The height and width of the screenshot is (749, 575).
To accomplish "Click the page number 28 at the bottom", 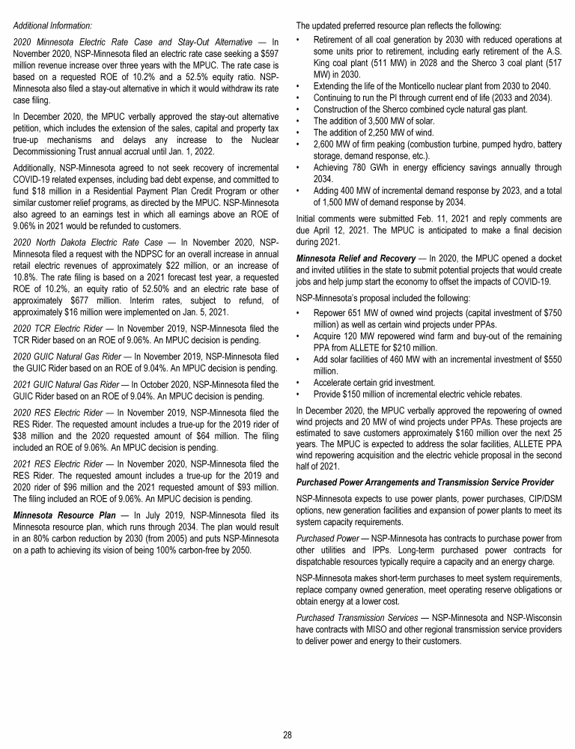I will [x=287, y=734].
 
